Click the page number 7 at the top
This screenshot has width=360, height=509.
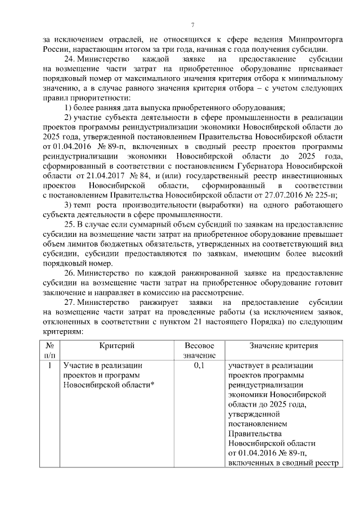192,25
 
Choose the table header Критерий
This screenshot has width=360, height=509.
117,345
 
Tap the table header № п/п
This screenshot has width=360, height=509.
49,350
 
